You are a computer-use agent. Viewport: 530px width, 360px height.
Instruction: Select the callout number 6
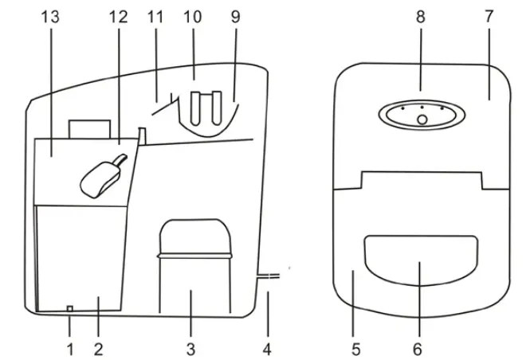[x=420, y=347]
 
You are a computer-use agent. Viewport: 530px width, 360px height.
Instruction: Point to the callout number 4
[x=269, y=347]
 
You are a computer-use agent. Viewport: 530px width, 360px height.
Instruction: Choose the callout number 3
[x=190, y=347]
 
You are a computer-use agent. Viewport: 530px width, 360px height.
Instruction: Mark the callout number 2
[x=98, y=347]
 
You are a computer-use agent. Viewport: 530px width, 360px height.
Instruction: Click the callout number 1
[x=69, y=347]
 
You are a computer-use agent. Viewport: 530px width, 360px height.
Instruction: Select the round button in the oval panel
[x=422, y=119]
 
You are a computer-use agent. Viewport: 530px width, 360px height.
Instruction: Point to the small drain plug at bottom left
[x=69, y=308]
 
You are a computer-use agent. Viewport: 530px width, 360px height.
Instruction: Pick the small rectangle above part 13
[x=89, y=129]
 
